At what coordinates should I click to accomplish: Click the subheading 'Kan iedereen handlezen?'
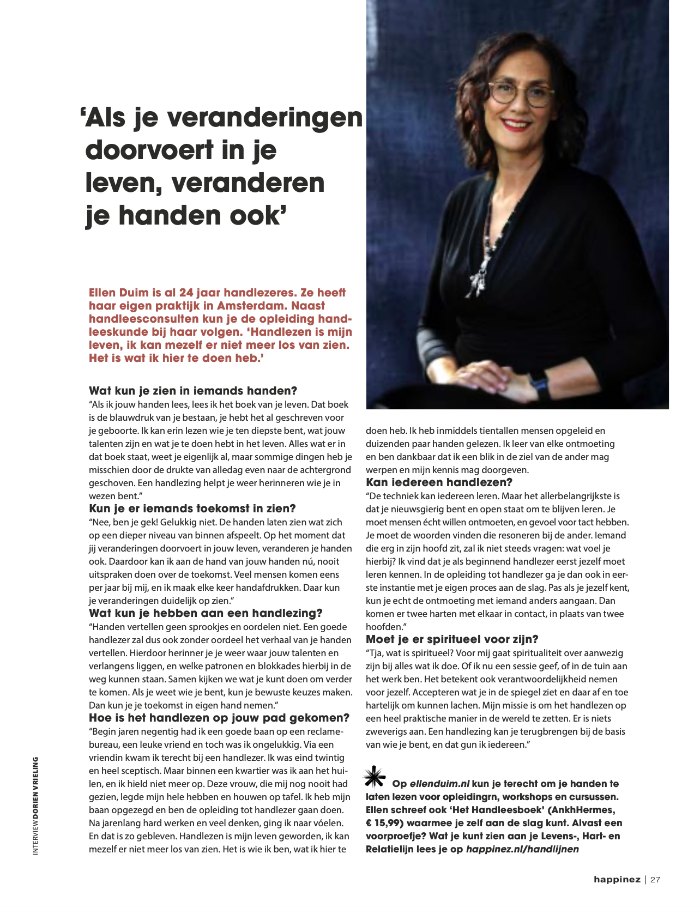tap(439, 482)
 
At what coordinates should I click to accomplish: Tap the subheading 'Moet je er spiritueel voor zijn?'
tap(452, 639)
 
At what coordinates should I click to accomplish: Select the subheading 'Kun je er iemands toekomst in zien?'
tap(192, 509)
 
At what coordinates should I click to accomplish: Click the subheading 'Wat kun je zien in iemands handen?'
tap(193, 391)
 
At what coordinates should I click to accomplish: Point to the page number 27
tap(655, 879)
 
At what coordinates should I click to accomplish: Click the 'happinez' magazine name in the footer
tap(617, 879)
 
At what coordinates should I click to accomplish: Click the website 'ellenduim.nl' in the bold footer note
tap(439, 784)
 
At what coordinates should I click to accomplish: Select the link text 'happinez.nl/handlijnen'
tap(522, 849)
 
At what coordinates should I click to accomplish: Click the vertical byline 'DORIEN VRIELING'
tap(36, 789)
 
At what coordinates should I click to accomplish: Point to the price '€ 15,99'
tap(386, 823)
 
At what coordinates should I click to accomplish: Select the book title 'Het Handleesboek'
tap(497, 810)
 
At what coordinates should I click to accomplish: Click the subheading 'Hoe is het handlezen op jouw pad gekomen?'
tap(219, 718)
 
